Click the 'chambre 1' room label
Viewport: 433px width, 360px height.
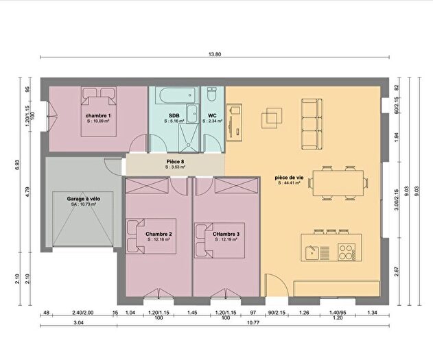coord(97,116)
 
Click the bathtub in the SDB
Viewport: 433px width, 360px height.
coord(174,95)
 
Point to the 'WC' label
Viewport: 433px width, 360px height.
coord(212,116)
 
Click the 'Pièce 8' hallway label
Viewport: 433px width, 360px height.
coord(175,161)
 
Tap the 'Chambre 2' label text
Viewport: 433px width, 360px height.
coord(159,235)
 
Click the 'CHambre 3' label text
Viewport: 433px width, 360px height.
coord(226,235)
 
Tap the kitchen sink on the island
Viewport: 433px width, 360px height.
coord(312,252)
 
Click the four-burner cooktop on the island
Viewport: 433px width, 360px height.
coord(347,252)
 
